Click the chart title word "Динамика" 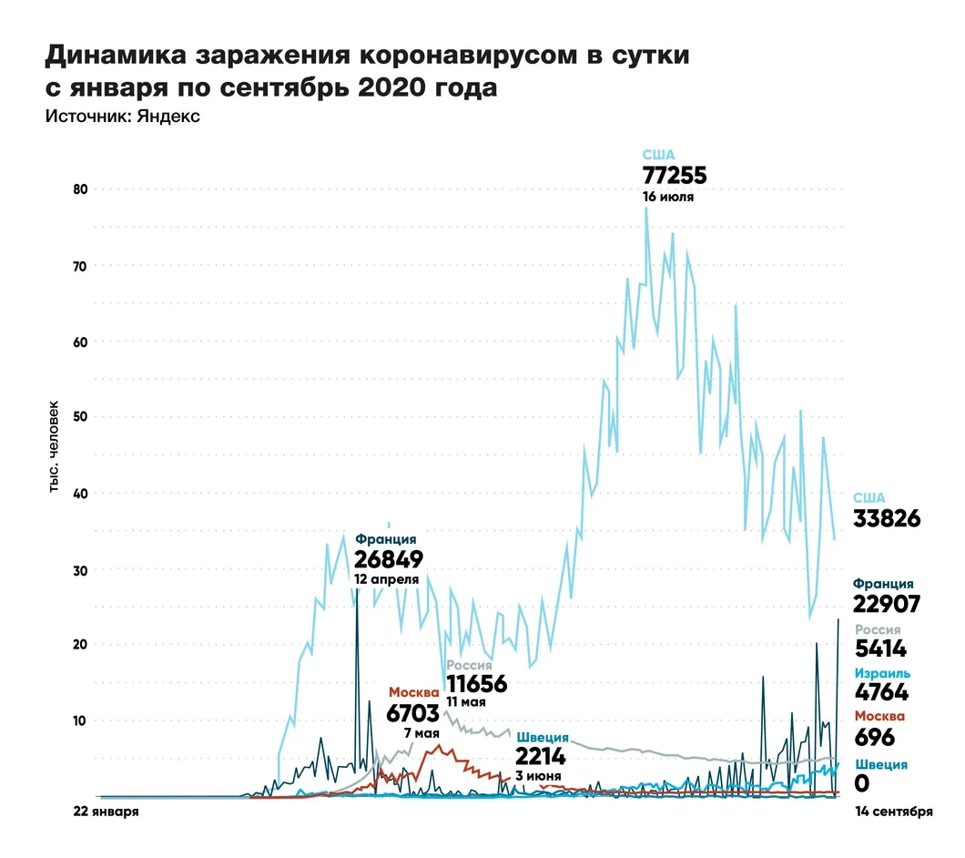point(112,56)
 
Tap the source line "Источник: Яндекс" point(122,117)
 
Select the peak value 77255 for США point(675,176)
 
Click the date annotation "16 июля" point(669,196)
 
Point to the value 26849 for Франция point(389,558)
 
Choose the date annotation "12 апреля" point(387,578)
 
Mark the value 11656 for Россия point(476,684)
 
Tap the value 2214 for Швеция point(540,757)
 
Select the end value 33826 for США point(887,519)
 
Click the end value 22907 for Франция point(887,604)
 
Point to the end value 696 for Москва point(874,737)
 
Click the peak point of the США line point(646,209)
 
